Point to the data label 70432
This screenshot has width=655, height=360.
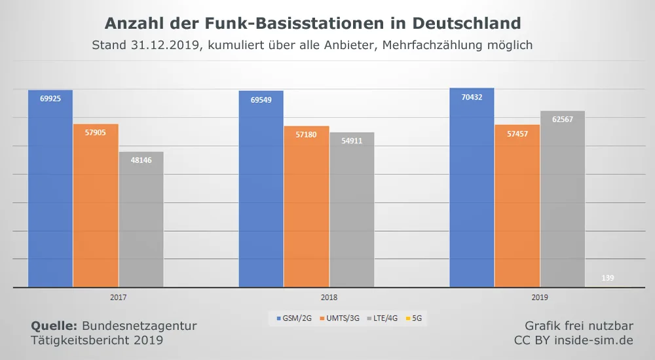(x=472, y=98)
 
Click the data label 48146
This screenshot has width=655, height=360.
(x=141, y=160)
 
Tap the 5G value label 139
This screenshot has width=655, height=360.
(x=608, y=278)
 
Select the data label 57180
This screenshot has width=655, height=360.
(x=307, y=134)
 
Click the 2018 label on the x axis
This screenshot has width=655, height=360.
(x=329, y=297)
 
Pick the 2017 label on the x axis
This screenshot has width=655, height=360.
(x=119, y=297)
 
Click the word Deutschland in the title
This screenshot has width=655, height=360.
(x=466, y=24)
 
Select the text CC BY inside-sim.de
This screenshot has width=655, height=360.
(x=574, y=340)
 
